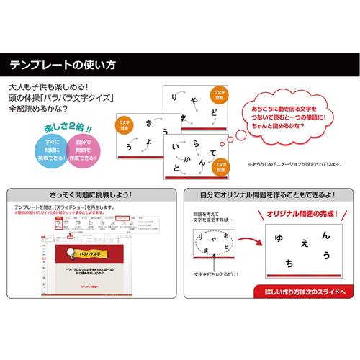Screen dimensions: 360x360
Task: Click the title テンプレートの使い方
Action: [63, 65]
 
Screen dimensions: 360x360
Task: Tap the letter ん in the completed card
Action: [326, 235]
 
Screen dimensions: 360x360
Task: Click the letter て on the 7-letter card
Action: [212, 153]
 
